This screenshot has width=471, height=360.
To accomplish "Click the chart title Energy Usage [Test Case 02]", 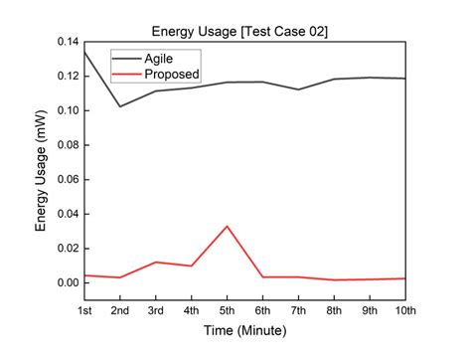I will click(x=243, y=31).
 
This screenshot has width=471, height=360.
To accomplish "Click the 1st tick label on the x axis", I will click(x=84, y=311).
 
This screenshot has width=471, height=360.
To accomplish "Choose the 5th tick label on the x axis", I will click(x=228, y=311).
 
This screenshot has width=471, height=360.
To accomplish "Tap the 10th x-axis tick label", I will click(x=405, y=311).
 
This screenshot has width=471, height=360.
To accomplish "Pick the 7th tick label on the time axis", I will click(x=299, y=311).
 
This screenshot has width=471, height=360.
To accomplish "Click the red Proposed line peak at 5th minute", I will click(x=228, y=226).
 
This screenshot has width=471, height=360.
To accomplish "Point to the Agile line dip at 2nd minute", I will click(x=120, y=106).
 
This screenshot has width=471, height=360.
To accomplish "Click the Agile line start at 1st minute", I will click(x=85, y=51).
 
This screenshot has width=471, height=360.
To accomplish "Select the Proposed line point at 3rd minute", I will click(x=156, y=263).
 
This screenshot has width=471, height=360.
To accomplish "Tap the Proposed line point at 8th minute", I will click(x=335, y=279).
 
